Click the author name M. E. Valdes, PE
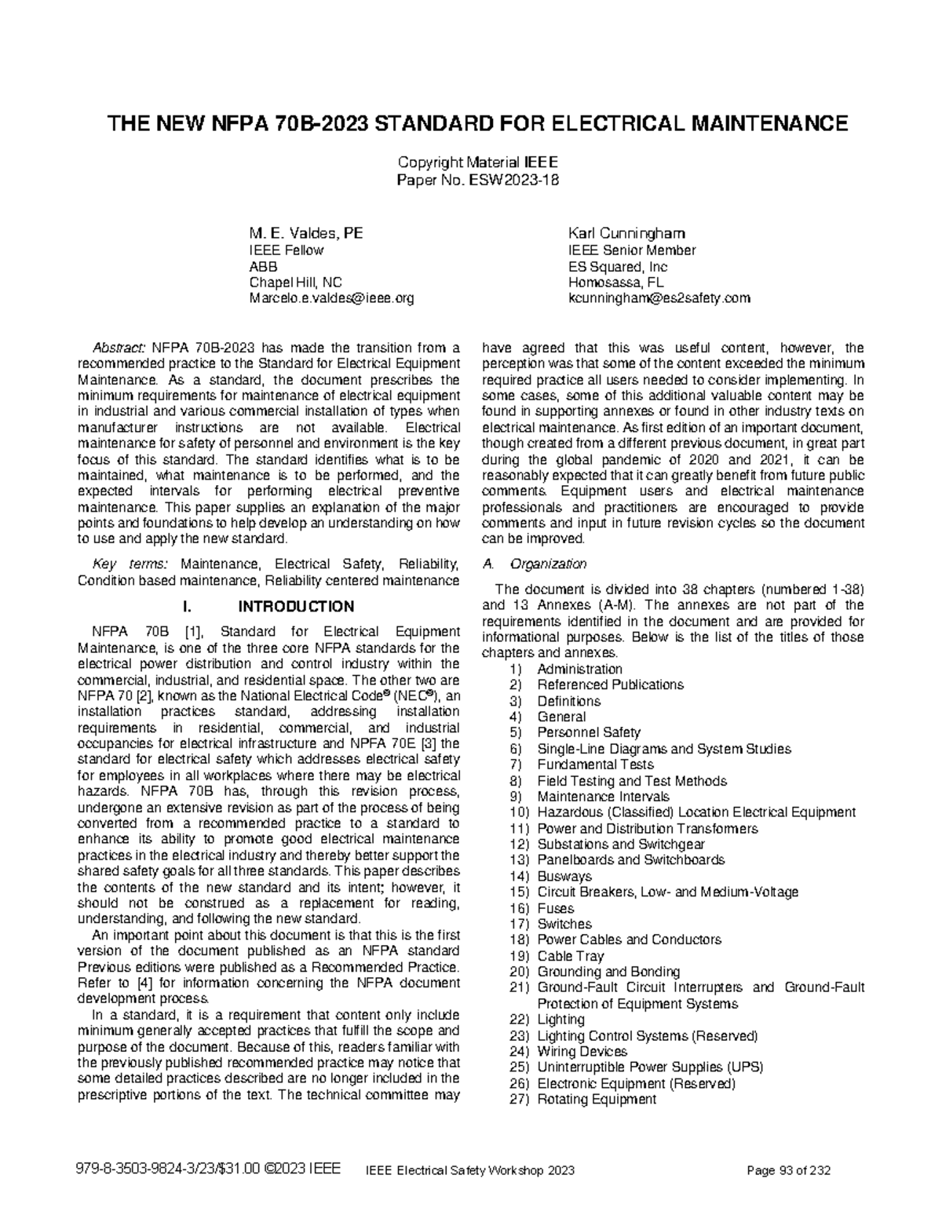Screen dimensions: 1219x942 click(305, 233)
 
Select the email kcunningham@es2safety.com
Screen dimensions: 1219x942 click(659, 298)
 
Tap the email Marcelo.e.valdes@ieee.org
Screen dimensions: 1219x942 click(331, 298)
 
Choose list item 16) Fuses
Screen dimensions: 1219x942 click(555, 908)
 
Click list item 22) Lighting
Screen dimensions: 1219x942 click(560, 1020)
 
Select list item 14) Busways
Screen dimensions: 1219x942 click(564, 876)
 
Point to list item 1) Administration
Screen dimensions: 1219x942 click(579, 669)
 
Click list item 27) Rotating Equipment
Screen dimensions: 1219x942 click(596, 1099)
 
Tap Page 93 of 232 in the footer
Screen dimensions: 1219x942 click(790, 1170)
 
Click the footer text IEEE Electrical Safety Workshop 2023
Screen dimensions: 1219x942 click(471, 1170)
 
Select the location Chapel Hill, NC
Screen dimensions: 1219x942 click(295, 283)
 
